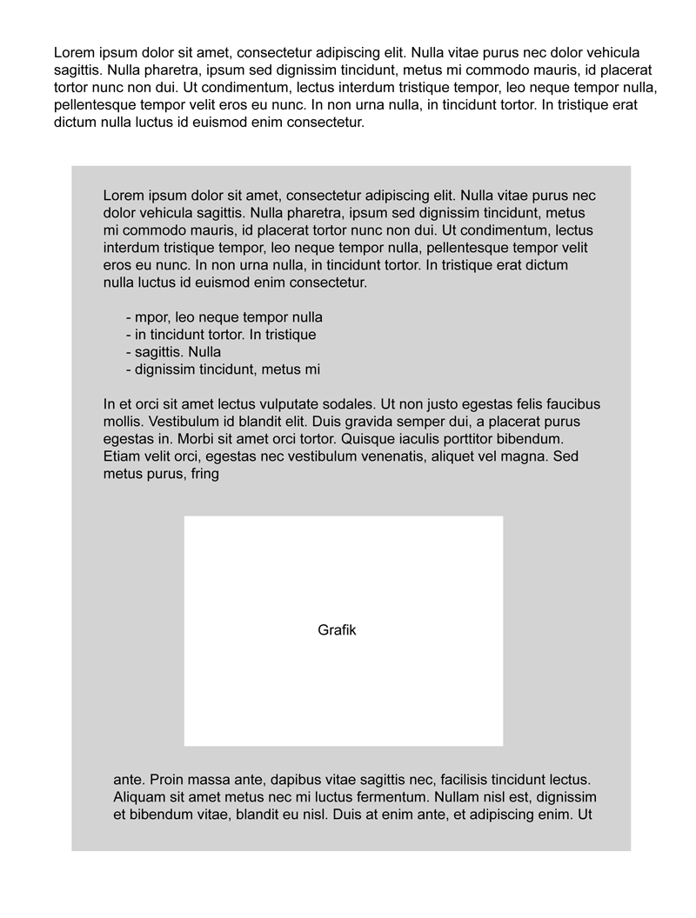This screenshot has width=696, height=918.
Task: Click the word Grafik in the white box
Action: pyautogui.click(x=337, y=630)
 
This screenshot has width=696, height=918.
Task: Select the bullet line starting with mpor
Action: pyautogui.click(x=224, y=317)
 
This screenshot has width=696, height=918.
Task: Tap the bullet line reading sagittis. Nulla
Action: pyautogui.click(x=173, y=352)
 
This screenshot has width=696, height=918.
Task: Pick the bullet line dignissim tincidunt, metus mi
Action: pyautogui.click(x=223, y=369)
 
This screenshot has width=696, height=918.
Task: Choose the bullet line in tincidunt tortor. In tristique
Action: pyautogui.click(x=221, y=335)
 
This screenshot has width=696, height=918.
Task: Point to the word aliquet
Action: pyautogui.click(x=466, y=456)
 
